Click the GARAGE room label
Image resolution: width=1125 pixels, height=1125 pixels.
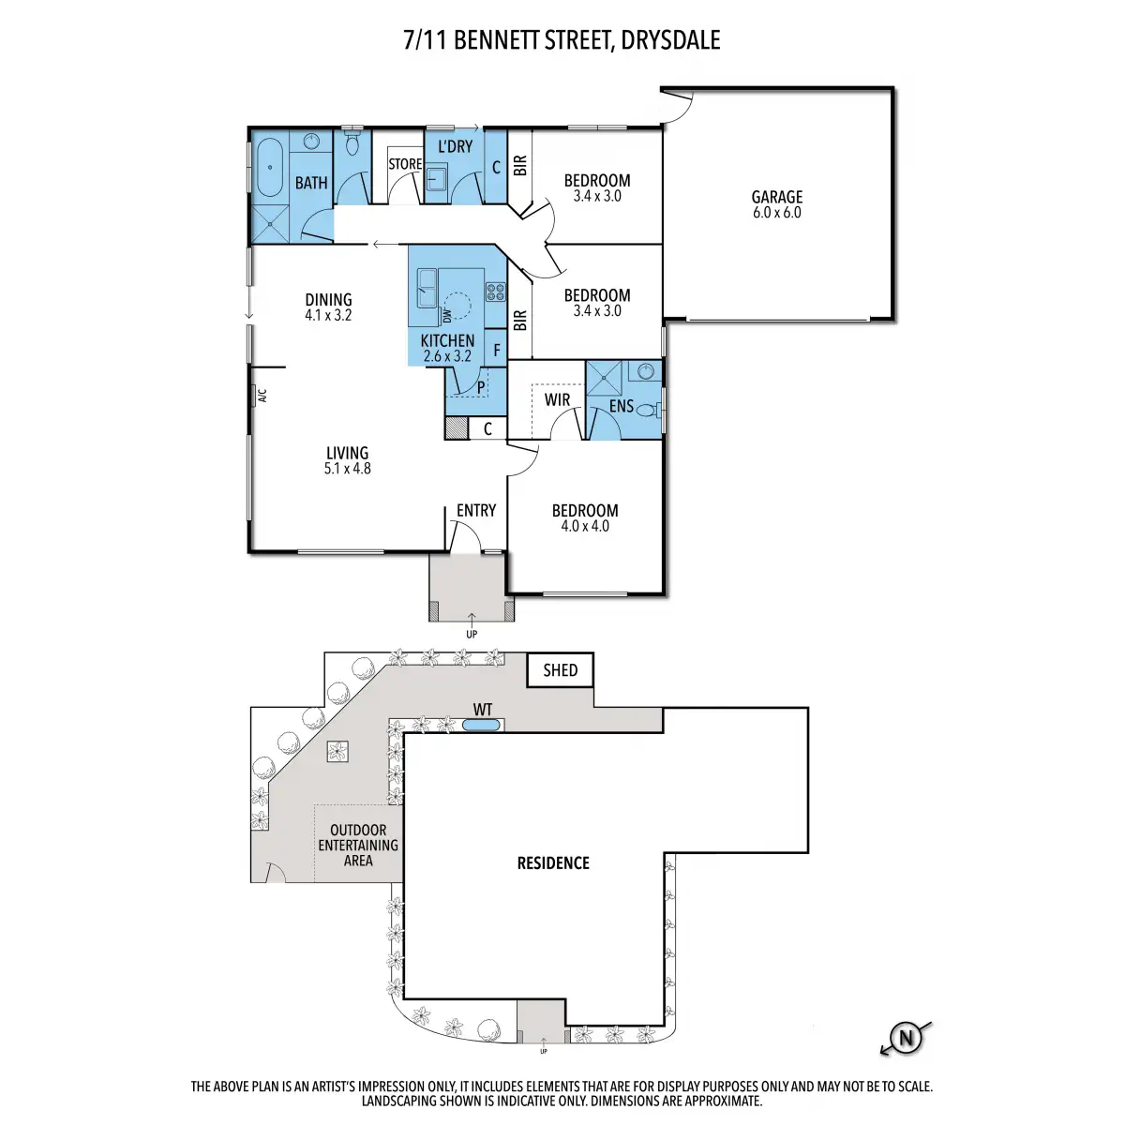tap(776, 197)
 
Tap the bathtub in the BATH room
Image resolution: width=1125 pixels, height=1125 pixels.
tap(270, 168)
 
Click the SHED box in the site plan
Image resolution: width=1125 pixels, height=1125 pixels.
tap(560, 670)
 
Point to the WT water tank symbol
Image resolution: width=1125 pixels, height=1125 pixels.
tap(481, 726)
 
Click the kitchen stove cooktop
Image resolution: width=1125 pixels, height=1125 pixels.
tap(496, 292)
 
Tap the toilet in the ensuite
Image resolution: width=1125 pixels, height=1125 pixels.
tap(648, 411)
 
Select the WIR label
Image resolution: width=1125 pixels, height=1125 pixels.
tap(557, 400)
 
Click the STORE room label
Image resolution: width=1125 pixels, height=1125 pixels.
tap(405, 164)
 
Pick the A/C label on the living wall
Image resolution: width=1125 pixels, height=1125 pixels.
tap(262, 396)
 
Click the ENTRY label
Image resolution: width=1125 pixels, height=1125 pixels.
tap(476, 510)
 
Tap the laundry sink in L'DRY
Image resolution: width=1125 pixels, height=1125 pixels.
tap(436, 179)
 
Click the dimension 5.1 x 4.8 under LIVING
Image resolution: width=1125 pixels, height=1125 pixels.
tap(348, 468)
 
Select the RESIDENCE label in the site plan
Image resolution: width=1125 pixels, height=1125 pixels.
tap(553, 862)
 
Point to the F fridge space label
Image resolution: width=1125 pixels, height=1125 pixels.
tap(497, 351)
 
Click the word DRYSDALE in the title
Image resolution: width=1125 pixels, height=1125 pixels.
tap(670, 40)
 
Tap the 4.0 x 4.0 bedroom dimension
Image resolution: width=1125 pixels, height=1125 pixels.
tap(585, 526)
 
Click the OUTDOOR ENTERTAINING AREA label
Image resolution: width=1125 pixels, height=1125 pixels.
tap(358, 846)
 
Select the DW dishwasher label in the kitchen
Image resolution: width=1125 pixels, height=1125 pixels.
tap(447, 316)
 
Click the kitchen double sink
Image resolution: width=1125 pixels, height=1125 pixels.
tap(427, 287)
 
